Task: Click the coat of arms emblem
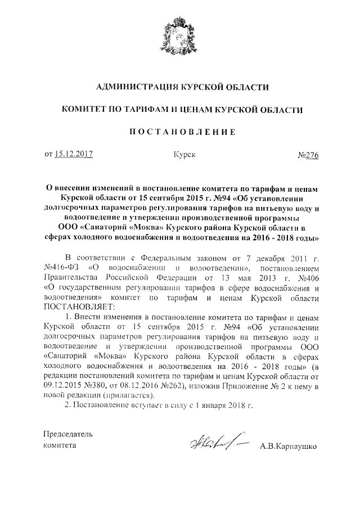tap(179, 35)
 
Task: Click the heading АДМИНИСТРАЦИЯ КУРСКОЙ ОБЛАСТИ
tap(180, 87)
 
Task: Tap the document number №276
tap(307, 155)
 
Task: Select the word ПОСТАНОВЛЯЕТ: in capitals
tap(78, 307)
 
